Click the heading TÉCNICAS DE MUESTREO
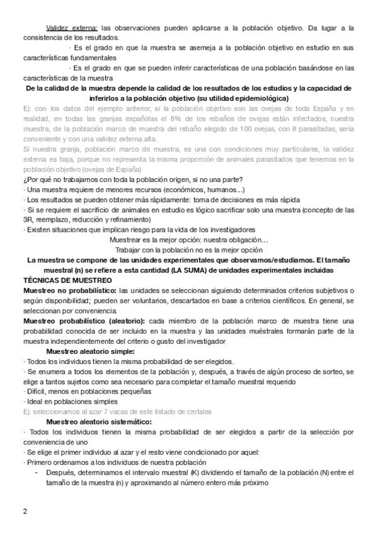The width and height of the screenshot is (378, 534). pyautogui.click(x=67, y=279)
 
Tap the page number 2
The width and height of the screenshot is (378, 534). pyautogui.click(x=25, y=510)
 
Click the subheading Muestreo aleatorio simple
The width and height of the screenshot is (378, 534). pyautogui.click(x=90, y=351)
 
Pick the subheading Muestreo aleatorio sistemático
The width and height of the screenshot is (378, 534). pyautogui.click(x=100, y=422)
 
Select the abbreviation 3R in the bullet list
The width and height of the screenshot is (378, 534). pyautogui.click(x=28, y=220)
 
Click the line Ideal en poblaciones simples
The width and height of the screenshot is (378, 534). pyautogui.click(x=64, y=401)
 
